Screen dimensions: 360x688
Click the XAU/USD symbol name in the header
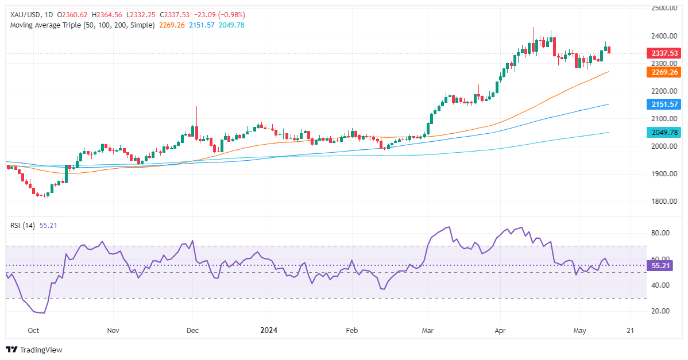[x=21, y=15]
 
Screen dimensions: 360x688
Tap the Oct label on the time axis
[x=33, y=331]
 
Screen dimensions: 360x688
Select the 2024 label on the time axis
[x=269, y=331]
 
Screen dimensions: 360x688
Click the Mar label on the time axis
[x=428, y=331]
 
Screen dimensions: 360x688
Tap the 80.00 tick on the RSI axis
[x=659, y=233]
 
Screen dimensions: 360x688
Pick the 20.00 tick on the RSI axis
[x=659, y=311]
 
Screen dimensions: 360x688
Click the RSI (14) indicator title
[x=23, y=225]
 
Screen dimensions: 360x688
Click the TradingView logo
[x=34, y=350]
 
